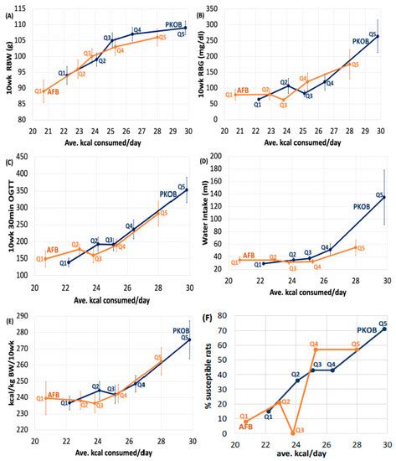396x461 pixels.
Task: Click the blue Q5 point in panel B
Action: click(378, 36)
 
